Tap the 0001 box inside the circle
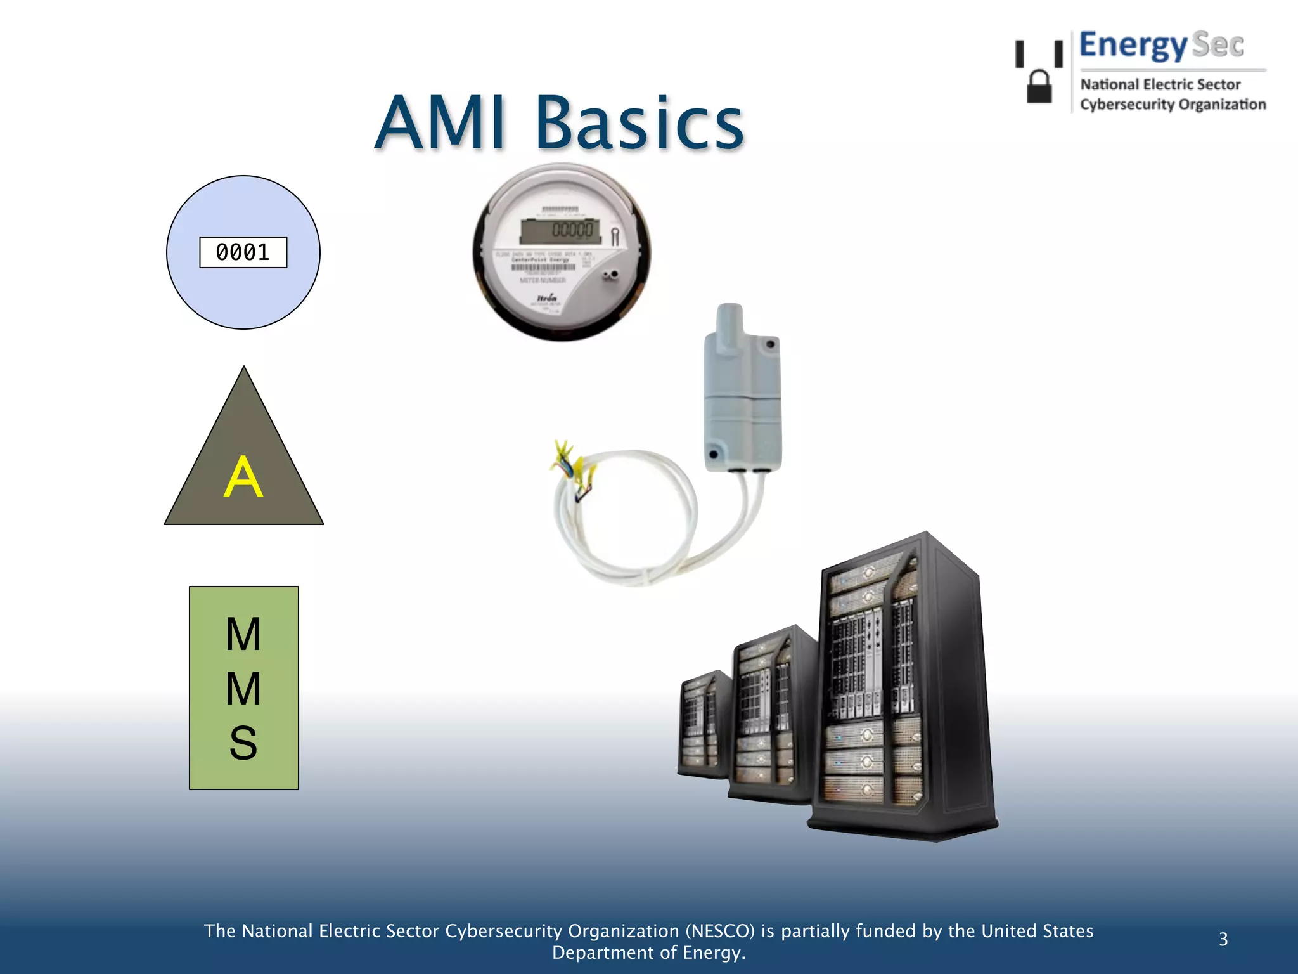tap(243, 252)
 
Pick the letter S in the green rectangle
tap(243, 743)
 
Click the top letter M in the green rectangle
tap(243, 633)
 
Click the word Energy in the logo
tap(1133, 46)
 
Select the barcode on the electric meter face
tap(543, 267)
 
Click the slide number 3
tap(1223, 939)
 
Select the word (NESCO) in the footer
tap(720, 931)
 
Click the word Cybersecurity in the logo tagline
tap(1120, 105)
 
